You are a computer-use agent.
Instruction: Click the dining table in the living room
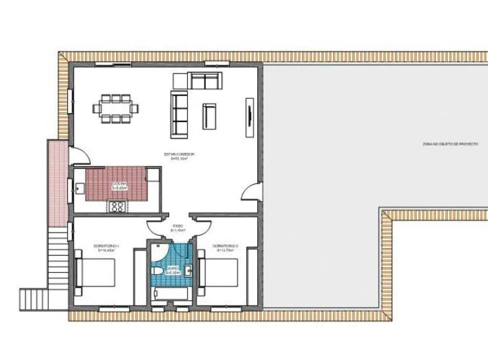coord(116,108)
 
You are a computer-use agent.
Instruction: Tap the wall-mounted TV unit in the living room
coord(250,116)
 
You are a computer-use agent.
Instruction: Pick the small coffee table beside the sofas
coord(209,116)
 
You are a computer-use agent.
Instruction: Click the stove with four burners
coord(116,206)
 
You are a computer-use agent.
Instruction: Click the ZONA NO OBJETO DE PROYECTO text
coord(449,144)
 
